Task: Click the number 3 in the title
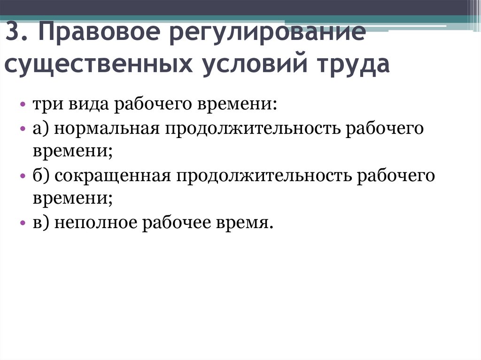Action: (13, 31)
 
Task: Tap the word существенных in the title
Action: (99, 65)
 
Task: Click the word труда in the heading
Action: (353, 65)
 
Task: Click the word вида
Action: (88, 104)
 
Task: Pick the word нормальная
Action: (107, 128)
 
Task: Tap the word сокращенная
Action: (113, 176)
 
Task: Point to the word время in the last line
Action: (244, 223)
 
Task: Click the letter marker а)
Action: (41, 129)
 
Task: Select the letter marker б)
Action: (41, 175)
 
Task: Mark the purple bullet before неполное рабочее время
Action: (23, 222)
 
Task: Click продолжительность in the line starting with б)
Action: (264, 176)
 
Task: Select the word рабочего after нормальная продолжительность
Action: (385, 128)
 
